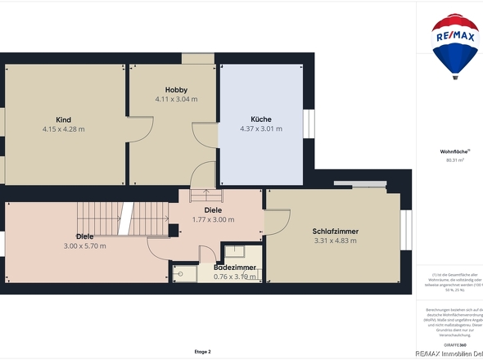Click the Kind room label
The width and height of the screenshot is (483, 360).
click(x=63, y=119)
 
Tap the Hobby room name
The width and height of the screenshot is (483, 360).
click(x=176, y=89)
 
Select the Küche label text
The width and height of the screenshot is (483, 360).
click(x=261, y=119)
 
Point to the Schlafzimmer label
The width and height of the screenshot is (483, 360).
click(x=336, y=232)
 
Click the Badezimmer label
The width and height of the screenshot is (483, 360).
click(x=235, y=268)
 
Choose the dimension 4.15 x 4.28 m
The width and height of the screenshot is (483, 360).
click(x=63, y=128)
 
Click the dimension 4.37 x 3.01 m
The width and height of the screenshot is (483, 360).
click(x=261, y=128)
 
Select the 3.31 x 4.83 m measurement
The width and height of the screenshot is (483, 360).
click(x=336, y=241)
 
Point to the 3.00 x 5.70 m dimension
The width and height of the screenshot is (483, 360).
click(x=85, y=245)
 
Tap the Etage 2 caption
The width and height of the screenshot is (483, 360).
click(x=202, y=351)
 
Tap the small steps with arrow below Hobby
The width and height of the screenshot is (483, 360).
click(x=206, y=195)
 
